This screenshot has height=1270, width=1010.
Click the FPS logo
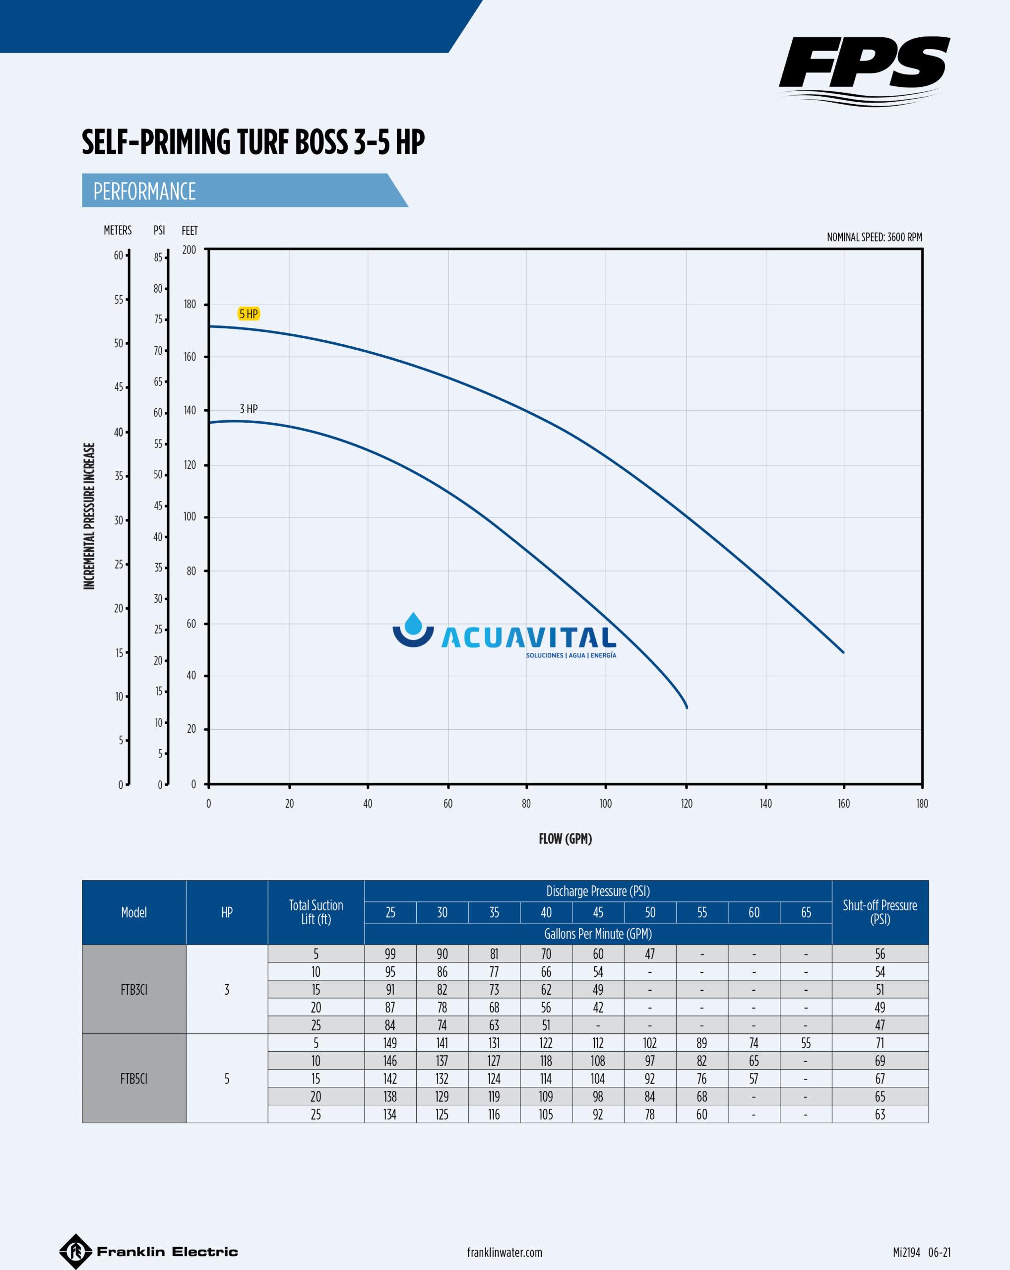click(x=863, y=69)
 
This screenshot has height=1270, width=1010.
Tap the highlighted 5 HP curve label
click(x=249, y=314)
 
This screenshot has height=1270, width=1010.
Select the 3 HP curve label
click(x=249, y=409)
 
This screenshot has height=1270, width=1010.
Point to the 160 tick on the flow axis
click(x=843, y=804)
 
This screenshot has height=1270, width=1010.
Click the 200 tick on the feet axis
click(x=189, y=250)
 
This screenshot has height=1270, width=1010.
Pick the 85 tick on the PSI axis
click(x=158, y=257)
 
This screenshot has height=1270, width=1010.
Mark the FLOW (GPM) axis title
click(x=565, y=839)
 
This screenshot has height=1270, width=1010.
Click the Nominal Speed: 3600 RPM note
click(x=874, y=238)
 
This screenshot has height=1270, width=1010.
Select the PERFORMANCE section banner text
click(x=145, y=191)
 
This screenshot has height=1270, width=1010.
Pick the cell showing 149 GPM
click(x=390, y=1043)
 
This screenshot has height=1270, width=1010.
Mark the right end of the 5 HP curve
click(x=843, y=652)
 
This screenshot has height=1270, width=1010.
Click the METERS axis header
click(x=118, y=230)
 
